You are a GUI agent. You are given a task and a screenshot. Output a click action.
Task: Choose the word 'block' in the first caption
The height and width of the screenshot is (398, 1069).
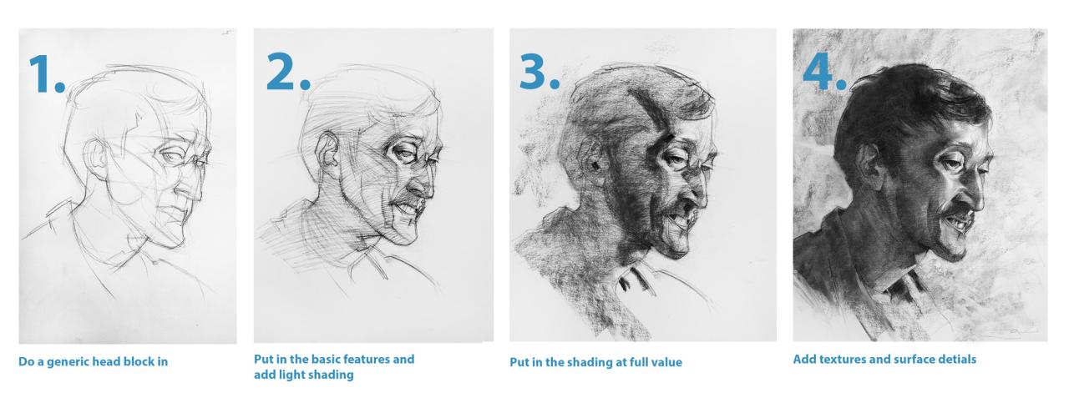131,362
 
